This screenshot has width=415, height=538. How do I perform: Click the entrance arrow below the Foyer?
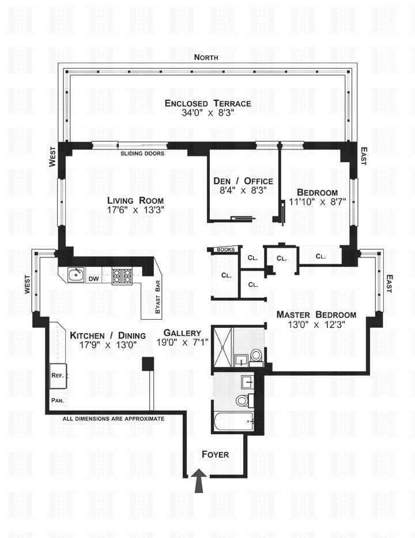point(200,481)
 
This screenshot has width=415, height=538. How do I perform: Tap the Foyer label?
point(215,455)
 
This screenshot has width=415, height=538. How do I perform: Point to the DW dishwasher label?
point(94,279)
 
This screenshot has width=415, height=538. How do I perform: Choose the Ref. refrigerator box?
point(58,375)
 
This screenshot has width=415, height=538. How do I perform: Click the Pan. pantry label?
point(57,400)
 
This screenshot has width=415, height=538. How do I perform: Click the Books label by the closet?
point(226,250)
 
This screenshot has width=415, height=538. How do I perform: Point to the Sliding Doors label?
point(142,154)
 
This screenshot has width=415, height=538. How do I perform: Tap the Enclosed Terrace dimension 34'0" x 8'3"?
point(207,114)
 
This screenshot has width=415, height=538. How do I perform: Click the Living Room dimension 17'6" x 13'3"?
point(136,210)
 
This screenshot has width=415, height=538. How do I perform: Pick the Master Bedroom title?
point(316,315)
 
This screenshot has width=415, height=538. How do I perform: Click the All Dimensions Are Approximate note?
point(114,419)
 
